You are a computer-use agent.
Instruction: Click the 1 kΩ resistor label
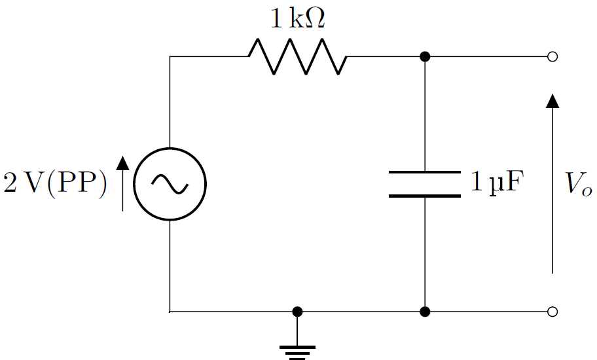tap(298, 18)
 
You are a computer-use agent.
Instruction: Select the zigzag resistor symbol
tap(297, 56)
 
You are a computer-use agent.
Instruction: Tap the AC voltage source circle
tap(170, 148)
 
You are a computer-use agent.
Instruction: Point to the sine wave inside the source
tap(170, 184)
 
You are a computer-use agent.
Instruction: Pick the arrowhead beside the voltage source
tap(122, 163)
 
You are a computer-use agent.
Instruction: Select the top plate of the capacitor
tap(425, 172)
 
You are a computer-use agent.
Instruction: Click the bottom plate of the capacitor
tap(425, 196)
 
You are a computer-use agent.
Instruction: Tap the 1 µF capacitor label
tap(497, 183)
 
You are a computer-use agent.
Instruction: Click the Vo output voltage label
tap(578, 184)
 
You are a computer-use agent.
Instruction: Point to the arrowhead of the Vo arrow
tap(552, 101)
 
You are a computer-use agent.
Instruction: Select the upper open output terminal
tap(552, 57)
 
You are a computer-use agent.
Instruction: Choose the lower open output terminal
tap(552, 312)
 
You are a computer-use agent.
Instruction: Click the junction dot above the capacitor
tap(425, 57)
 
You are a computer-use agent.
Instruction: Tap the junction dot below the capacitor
tap(425, 312)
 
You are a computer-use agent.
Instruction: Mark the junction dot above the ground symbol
tap(297, 312)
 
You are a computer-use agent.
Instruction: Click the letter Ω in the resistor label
tap(315, 18)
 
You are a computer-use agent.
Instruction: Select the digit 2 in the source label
tap(10, 183)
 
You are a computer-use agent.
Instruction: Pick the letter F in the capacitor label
tap(516, 181)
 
